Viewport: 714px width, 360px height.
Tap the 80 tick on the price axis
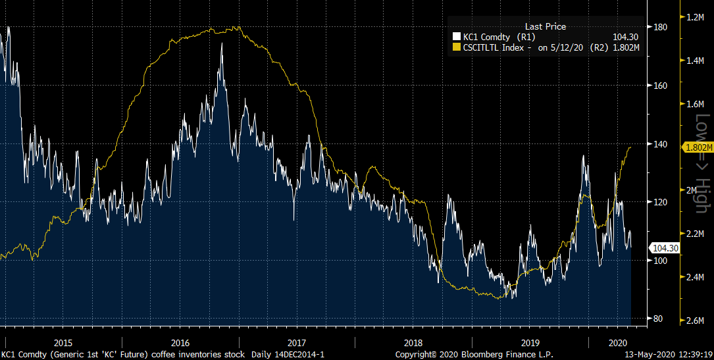point(659,319)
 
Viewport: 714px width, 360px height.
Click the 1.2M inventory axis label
point(696,17)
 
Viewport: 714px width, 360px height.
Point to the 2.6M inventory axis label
point(696,321)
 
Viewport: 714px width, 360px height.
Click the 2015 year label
point(63,343)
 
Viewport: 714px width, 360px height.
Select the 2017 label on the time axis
point(297,343)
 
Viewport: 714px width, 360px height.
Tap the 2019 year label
point(530,343)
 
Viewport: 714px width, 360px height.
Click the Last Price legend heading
point(545,26)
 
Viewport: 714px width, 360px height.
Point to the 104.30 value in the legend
point(626,37)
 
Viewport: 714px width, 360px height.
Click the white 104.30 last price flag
point(664,248)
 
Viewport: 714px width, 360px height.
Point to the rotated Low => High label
point(702,163)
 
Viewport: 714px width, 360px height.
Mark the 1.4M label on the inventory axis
point(696,61)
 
